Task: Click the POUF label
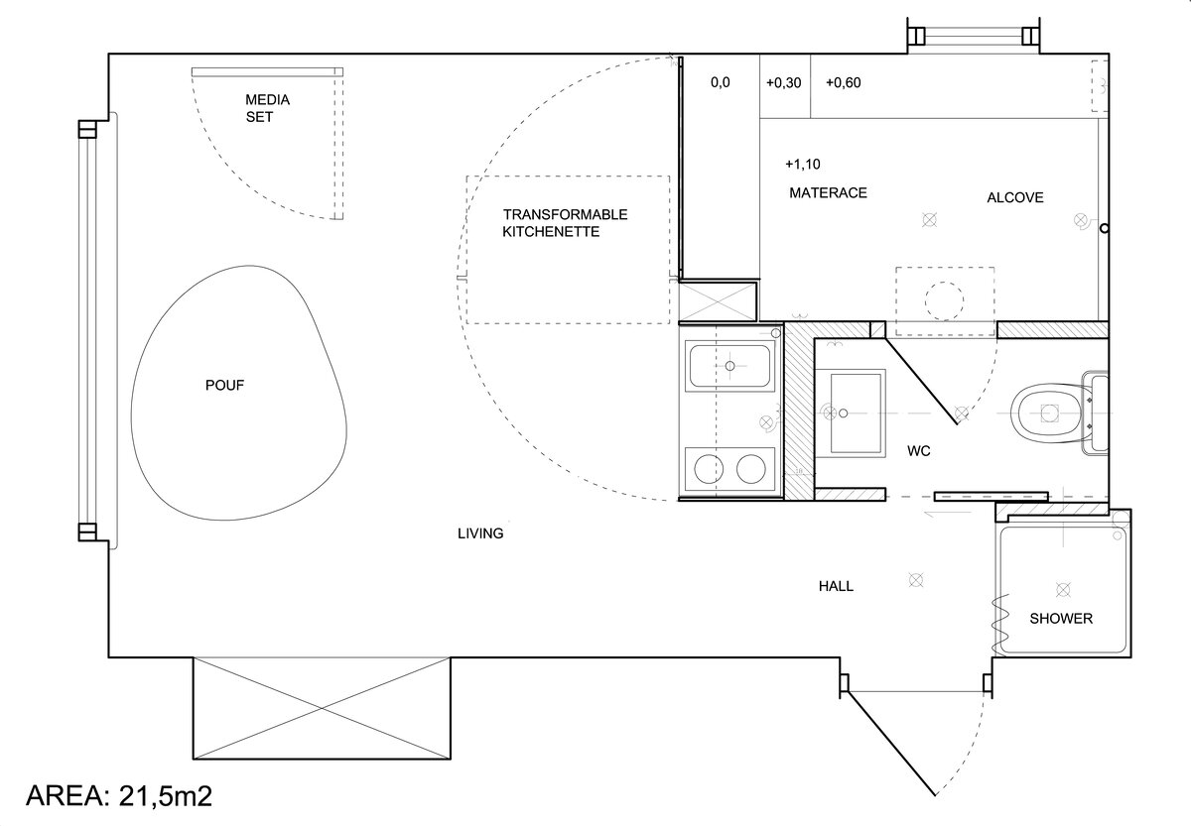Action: point(224,385)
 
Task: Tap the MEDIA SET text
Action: point(267,108)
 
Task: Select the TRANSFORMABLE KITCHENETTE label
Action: point(565,223)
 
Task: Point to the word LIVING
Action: point(480,533)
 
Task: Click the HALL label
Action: point(836,586)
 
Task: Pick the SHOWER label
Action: point(1061,619)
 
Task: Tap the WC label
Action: point(919,451)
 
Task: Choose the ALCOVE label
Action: point(1015,197)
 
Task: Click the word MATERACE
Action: point(828,192)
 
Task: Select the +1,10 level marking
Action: point(803,165)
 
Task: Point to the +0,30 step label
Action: point(784,83)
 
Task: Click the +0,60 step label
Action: point(844,83)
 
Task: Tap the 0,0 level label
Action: point(721,83)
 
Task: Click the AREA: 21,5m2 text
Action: point(119,795)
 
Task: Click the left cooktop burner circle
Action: point(709,469)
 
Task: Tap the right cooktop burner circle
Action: point(750,469)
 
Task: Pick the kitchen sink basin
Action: point(729,366)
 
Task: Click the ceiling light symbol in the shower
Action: point(1063,589)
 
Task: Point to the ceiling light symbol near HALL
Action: point(915,579)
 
